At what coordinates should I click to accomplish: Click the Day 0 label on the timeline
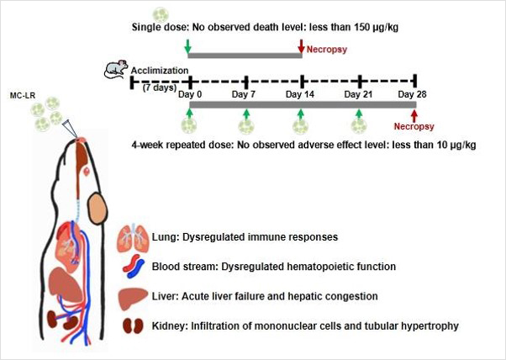190,95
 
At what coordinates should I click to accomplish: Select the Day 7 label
245,95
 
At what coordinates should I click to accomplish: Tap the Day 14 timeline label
300,95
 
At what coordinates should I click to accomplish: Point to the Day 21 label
359,95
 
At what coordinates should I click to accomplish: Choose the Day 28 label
412,95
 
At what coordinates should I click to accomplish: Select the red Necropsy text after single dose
326,50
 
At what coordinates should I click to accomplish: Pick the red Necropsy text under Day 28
412,126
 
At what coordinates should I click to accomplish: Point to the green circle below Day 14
301,126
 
